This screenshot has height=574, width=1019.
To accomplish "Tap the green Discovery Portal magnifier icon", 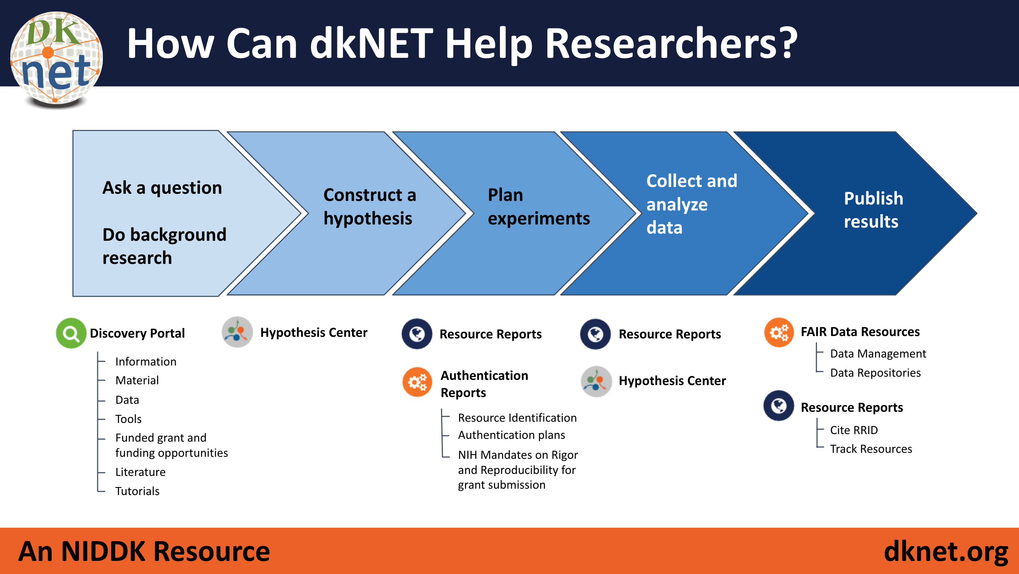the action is coord(71,333).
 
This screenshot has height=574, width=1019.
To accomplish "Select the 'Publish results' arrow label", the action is coord(873,210).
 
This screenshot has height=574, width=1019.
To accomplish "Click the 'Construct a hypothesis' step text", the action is coord(370,206).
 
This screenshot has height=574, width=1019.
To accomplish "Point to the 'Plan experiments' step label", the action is coord(539,206).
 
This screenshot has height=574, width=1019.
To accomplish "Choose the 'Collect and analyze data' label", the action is coord(692,204).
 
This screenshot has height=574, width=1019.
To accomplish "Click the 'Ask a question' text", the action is coord(162,187).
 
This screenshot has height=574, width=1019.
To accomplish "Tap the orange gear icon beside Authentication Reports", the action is coord(417,382).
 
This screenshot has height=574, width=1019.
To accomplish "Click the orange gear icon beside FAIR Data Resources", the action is coord(779,332).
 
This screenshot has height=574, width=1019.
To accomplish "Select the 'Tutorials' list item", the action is coord(137,491).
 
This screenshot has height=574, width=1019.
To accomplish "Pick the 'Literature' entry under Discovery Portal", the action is coord(140,472).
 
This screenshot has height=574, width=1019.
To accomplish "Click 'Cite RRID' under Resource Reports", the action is coord(854,430).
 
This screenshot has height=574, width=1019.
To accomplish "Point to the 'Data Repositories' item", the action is coord(875,373).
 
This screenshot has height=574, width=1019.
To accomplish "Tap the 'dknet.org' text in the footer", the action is coord(946,552).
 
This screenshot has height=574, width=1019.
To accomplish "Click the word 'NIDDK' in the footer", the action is coord(103,551).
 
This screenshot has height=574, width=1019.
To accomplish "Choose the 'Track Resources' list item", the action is coord(871,449).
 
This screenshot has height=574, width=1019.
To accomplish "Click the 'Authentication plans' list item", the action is coord(511,435).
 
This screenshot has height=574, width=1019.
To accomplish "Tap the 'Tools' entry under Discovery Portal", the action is coord(128,419).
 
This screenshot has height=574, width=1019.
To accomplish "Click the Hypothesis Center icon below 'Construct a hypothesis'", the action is coord(237,332).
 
